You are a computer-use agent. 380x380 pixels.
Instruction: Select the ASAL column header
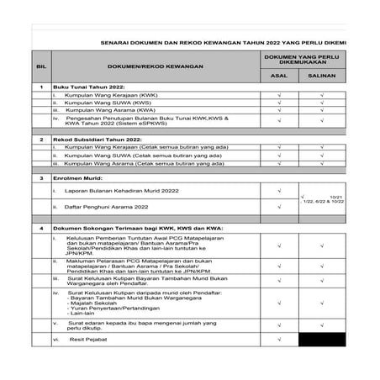[278, 75]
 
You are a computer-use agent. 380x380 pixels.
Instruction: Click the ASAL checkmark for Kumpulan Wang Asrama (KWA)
[278, 110]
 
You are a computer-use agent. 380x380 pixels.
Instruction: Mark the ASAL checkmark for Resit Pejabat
[278, 340]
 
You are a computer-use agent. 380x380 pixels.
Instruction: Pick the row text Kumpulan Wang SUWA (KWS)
[95, 103]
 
